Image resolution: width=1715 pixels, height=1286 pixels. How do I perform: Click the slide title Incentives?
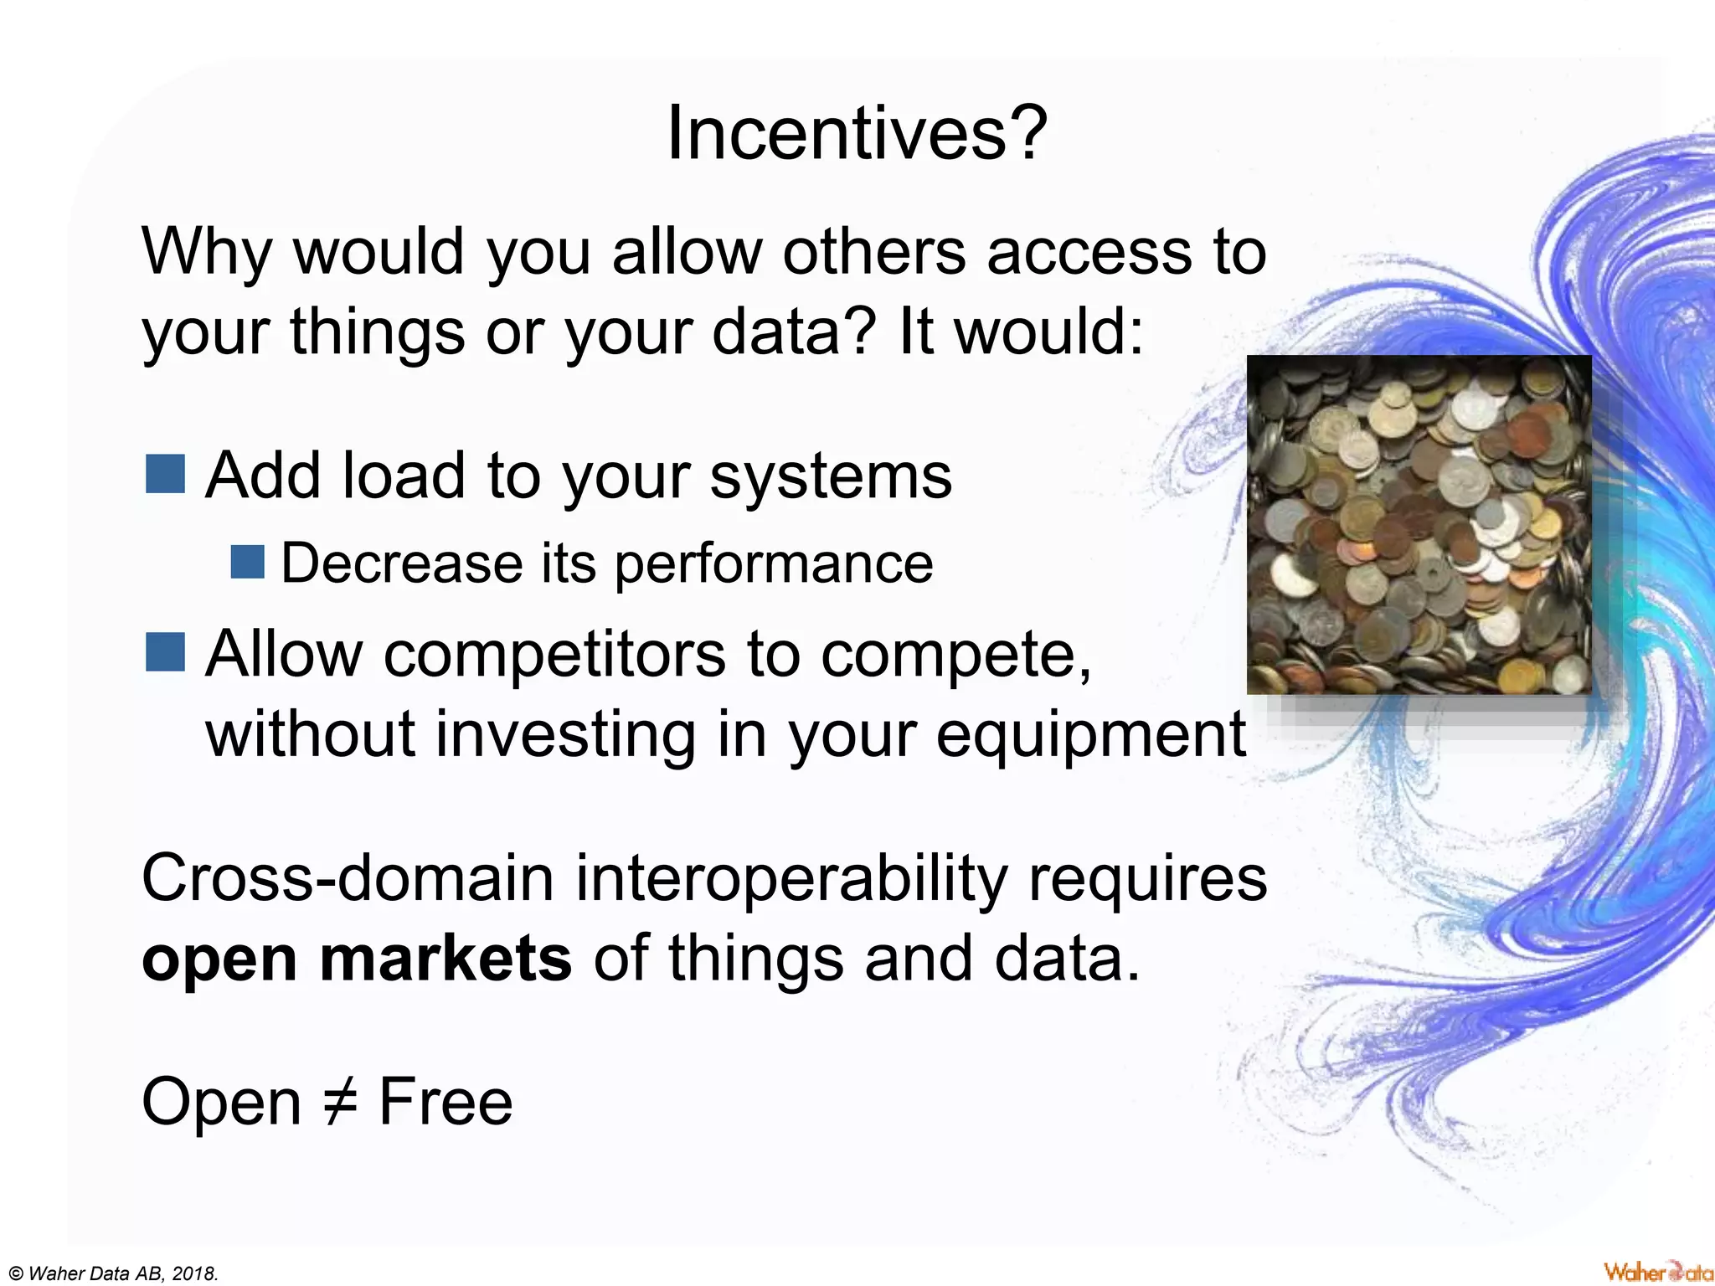click(x=856, y=134)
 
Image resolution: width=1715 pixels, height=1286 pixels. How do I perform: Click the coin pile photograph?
click(x=1419, y=525)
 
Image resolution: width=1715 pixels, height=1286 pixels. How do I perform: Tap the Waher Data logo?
click(x=1657, y=1271)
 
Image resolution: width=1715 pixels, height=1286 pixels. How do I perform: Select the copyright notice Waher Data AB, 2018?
click(x=113, y=1273)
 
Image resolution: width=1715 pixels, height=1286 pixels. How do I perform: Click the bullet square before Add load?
click(x=165, y=474)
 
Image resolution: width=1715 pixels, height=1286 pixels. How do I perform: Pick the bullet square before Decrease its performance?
click(x=247, y=562)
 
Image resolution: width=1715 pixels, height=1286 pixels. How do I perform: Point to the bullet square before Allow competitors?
click(x=165, y=652)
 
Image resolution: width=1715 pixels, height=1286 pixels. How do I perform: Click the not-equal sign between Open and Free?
click(x=340, y=1102)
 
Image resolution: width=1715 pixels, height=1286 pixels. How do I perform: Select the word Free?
click(x=445, y=1102)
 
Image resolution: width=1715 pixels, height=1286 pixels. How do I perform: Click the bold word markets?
click(x=445, y=959)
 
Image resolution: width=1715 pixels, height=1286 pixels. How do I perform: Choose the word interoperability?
click(x=791, y=879)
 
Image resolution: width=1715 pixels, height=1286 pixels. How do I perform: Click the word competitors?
click(x=554, y=655)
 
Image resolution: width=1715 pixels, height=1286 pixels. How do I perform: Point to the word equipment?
click(x=1090, y=735)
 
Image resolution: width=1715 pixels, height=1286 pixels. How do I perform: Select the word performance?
click(x=774, y=564)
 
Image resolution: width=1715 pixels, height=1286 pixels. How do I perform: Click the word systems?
click(x=831, y=477)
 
